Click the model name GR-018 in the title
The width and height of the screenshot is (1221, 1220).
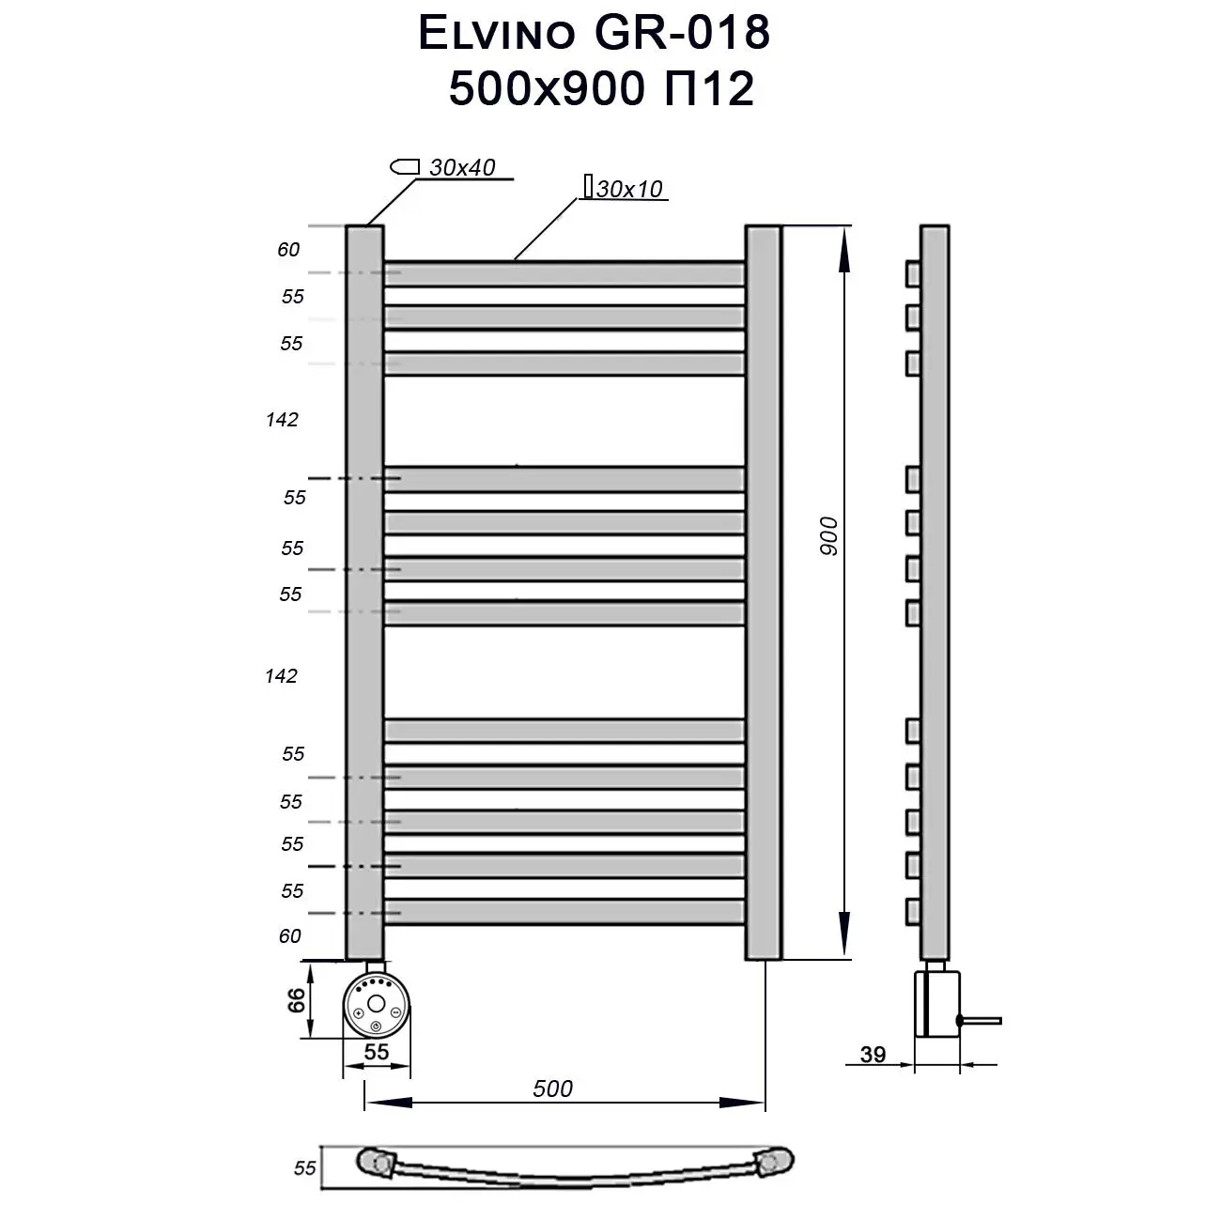tap(682, 34)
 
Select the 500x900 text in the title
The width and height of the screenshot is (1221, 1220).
tap(546, 89)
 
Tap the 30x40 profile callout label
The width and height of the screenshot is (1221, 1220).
tap(461, 168)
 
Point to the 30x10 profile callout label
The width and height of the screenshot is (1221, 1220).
tap(629, 189)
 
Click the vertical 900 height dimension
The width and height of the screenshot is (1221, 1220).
tap(827, 535)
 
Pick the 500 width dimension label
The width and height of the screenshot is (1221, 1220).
tap(552, 1089)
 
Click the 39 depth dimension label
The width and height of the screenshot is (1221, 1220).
tap(873, 1055)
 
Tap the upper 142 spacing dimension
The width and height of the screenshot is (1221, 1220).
tap(282, 420)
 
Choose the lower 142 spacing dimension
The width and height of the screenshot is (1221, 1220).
tap(281, 675)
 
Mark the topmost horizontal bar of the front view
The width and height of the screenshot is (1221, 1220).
tap(564, 273)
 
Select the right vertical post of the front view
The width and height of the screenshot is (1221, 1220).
tap(763, 592)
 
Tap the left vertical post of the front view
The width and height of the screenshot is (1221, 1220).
tap(364, 592)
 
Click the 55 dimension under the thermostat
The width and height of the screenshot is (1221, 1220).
tap(376, 1052)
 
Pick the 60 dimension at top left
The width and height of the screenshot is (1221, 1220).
tap(288, 250)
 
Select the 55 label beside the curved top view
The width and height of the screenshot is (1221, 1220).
tap(305, 1168)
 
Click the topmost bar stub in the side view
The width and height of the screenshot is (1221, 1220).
tap(913, 273)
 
